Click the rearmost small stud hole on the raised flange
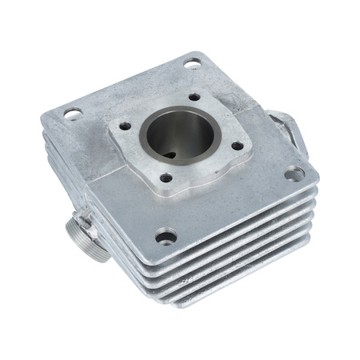194,97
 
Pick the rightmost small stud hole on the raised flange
237,146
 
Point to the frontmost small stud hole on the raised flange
166,178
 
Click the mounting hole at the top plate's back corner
192,64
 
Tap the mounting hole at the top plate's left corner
72,114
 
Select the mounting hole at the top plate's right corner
294,173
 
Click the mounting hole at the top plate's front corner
166,237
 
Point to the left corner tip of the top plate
44,120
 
